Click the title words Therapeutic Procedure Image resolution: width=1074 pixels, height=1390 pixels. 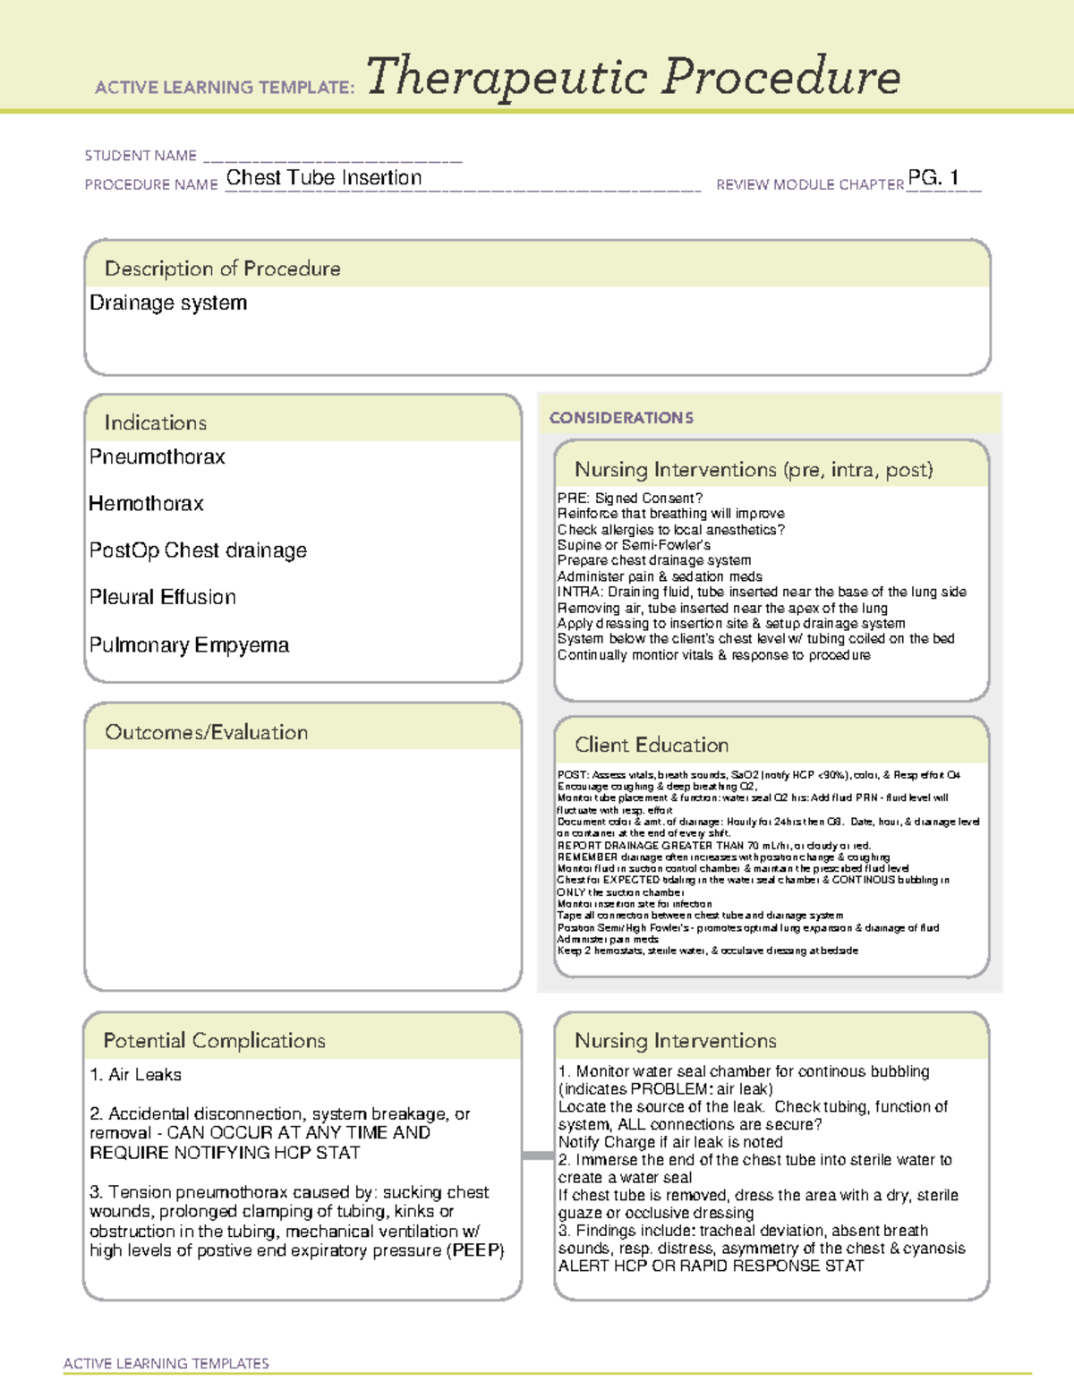(x=632, y=77)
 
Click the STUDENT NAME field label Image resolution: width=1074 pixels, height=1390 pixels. (x=141, y=156)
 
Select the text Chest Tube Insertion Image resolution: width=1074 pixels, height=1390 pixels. (x=323, y=178)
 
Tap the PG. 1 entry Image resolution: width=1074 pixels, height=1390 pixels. (x=933, y=177)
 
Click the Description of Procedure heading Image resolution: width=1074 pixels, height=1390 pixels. (x=222, y=269)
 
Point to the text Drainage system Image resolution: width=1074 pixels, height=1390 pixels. (x=168, y=303)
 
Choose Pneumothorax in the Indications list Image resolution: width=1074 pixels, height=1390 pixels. (x=158, y=457)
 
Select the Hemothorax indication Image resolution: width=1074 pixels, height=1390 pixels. (x=147, y=504)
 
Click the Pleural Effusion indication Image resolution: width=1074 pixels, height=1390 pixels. (x=163, y=597)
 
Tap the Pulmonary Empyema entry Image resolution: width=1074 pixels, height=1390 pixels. (x=189, y=645)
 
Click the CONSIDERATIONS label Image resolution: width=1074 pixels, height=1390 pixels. (x=621, y=418)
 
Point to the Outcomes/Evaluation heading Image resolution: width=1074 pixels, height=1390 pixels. (x=206, y=732)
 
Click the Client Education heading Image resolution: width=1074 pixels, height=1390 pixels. (x=652, y=745)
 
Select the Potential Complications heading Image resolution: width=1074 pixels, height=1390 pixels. (x=214, y=1040)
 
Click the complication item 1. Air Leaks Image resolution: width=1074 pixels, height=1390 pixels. (x=136, y=1075)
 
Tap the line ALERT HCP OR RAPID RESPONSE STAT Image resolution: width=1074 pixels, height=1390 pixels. (x=711, y=1266)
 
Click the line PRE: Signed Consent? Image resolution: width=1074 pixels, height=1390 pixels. (x=629, y=499)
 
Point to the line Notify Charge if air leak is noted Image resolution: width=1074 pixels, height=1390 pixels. (x=670, y=1142)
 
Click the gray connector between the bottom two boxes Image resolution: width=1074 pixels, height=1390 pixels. (x=537, y=1155)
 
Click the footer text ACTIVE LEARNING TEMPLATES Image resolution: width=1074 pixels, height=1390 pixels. (x=166, y=1363)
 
